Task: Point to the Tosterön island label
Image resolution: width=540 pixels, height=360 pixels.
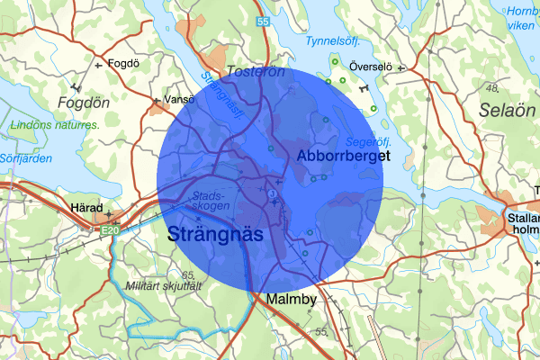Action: [256, 70]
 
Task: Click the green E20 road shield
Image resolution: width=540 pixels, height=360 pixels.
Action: [110, 232]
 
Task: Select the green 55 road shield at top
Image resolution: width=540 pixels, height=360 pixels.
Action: [262, 20]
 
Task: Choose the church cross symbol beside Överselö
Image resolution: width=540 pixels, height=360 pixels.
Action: [402, 67]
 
